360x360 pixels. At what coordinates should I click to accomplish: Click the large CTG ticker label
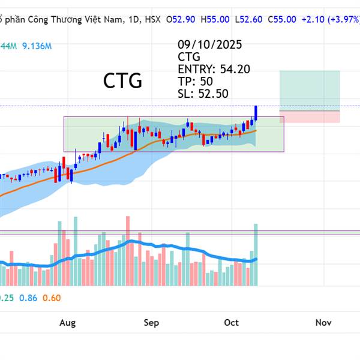(122, 80)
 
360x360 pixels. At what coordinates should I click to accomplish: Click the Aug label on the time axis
(68, 323)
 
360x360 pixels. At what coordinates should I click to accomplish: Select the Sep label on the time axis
(151, 323)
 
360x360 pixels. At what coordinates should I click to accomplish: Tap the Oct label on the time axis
(232, 323)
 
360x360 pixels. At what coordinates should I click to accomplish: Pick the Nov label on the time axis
(323, 323)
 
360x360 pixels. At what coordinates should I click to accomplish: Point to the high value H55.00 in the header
(215, 19)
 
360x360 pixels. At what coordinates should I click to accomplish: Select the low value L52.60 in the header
(248, 19)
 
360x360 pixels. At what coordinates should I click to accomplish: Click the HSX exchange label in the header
(152, 19)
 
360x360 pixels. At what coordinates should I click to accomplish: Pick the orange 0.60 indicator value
(52, 298)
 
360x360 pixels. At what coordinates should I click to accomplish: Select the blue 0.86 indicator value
(28, 298)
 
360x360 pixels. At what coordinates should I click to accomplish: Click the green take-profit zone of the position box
(310, 90)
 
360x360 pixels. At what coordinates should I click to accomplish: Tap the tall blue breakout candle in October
(256, 112)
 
